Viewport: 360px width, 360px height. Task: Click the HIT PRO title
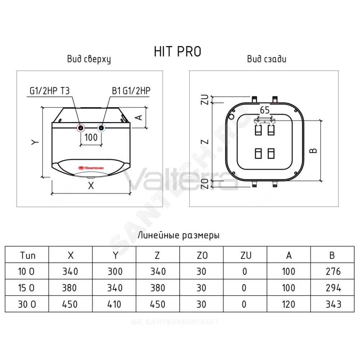pyautogui.click(x=177, y=51)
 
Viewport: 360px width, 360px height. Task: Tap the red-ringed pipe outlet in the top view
pyautogui.click(x=81, y=128)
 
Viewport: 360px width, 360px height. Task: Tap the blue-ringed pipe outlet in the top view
pyautogui.click(x=101, y=128)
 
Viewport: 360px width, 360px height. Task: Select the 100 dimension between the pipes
pyautogui.click(x=91, y=137)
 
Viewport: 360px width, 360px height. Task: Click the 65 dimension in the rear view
pyautogui.click(x=265, y=110)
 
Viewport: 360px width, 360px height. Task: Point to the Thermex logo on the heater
pyautogui.click(x=91, y=168)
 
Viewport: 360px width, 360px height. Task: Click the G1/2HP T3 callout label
pyautogui.click(x=50, y=91)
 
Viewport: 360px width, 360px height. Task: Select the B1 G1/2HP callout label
pyautogui.click(x=131, y=91)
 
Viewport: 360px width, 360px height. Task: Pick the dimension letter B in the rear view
pyautogui.click(x=313, y=150)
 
